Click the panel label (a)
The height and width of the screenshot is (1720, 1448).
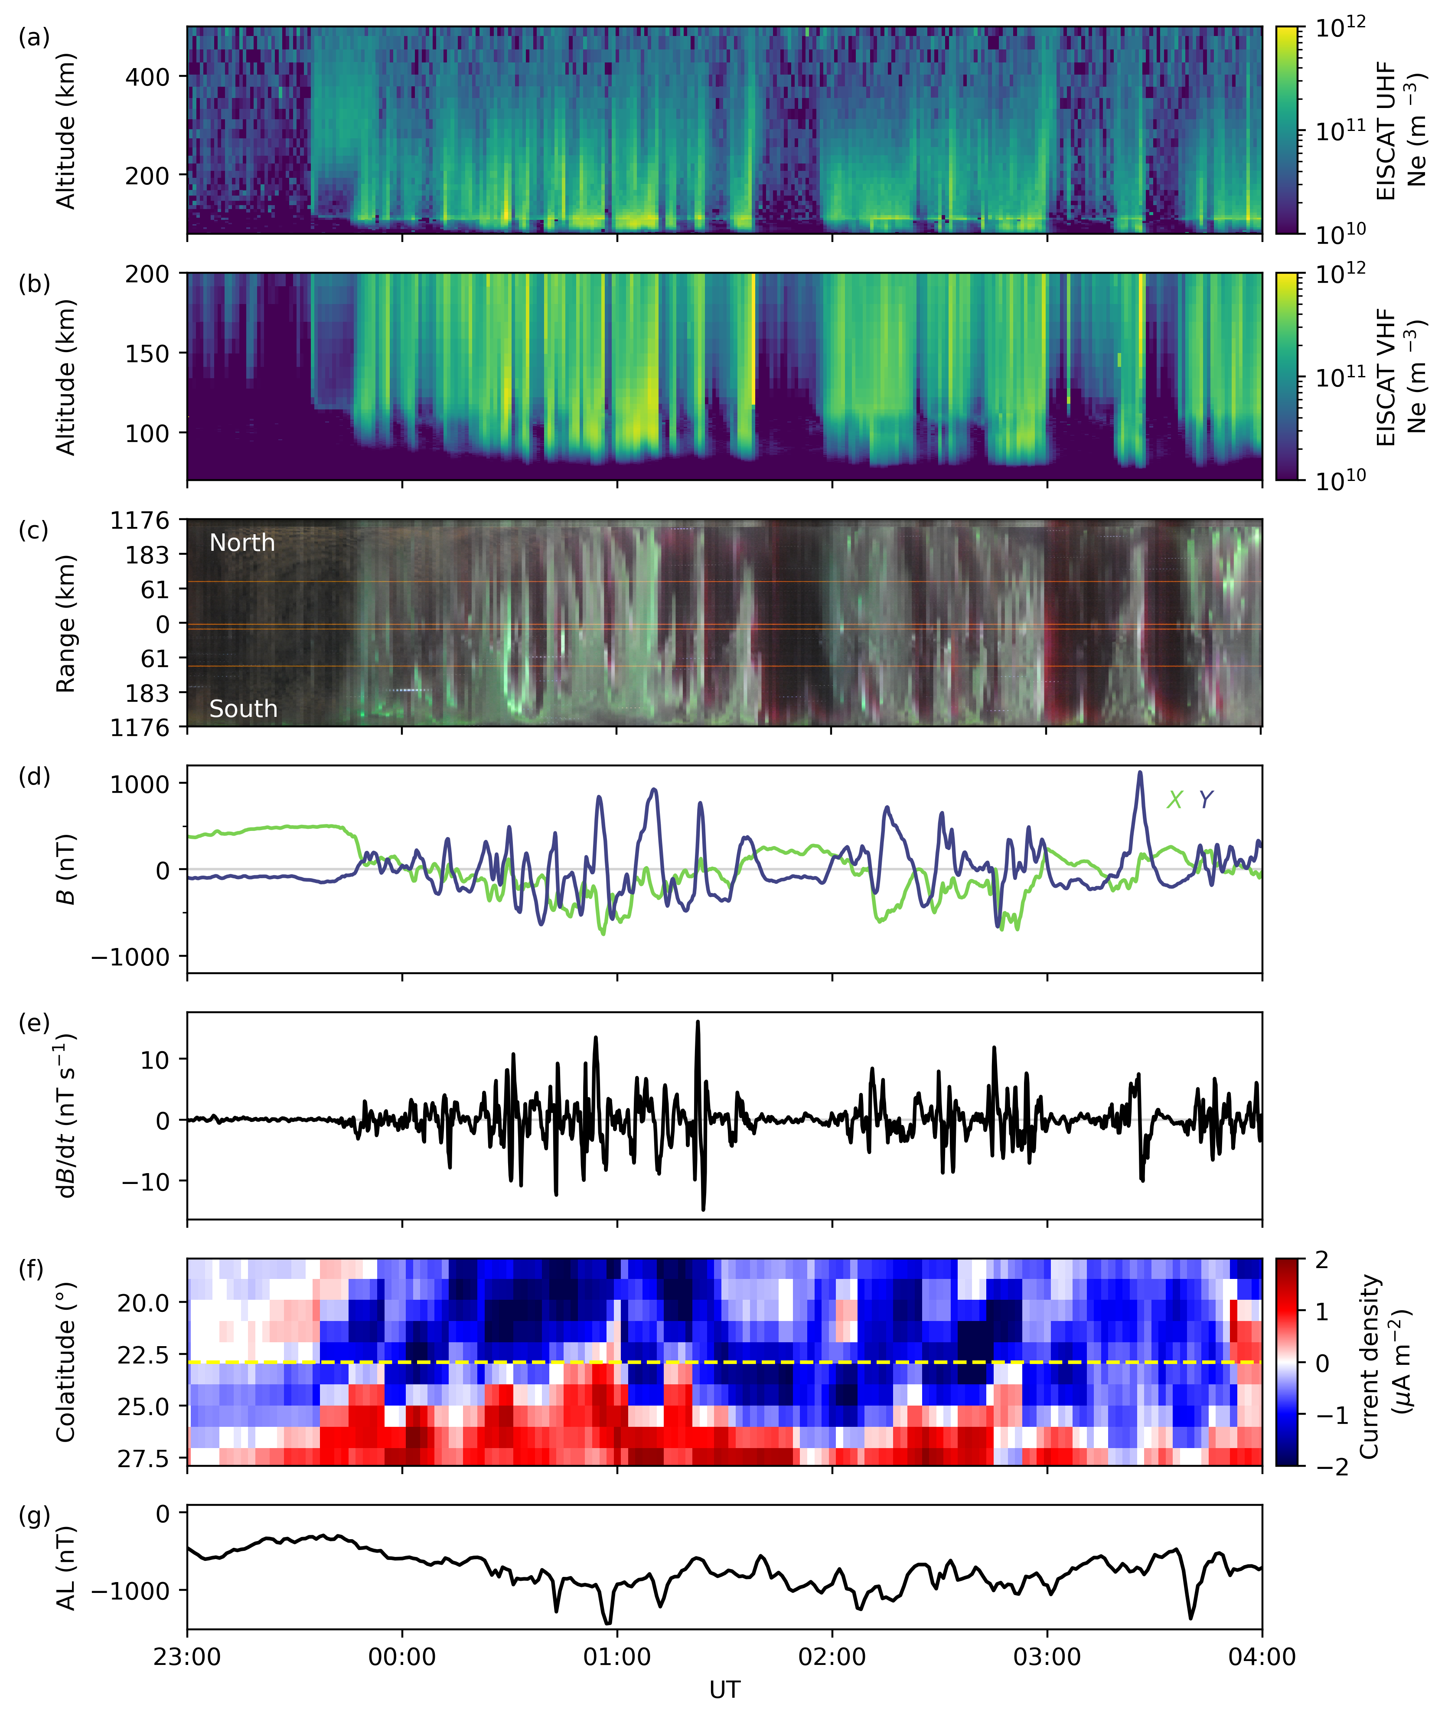34,38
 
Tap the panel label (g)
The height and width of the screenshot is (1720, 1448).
34,1516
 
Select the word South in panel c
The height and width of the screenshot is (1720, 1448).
243,709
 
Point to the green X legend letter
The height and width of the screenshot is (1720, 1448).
1174,800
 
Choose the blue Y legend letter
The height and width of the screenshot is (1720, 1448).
1205,800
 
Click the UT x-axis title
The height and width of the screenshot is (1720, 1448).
725,1690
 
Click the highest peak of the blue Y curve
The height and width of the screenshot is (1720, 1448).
1139,772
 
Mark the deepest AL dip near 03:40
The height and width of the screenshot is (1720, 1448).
1191,1618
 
